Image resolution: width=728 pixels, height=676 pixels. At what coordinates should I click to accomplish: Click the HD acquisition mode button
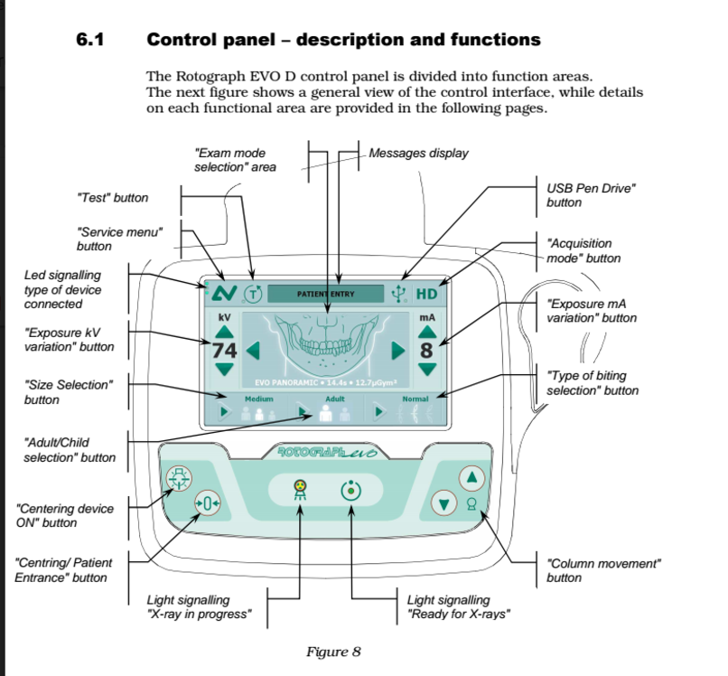(x=426, y=294)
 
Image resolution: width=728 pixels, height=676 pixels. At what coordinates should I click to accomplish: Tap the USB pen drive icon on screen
(x=398, y=293)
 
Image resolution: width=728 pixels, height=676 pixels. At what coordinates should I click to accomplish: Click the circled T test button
(x=254, y=294)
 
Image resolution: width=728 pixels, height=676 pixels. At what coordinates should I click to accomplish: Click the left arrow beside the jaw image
(x=255, y=350)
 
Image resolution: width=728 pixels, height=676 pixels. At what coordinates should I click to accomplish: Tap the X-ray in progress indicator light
(x=300, y=493)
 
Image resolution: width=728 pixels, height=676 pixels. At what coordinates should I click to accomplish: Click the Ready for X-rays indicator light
(x=350, y=493)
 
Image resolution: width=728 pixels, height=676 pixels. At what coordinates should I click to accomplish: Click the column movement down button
(x=443, y=502)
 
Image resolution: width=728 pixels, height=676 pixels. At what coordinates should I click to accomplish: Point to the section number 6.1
(x=93, y=40)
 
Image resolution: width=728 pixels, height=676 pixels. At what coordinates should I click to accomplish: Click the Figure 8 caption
(x=333, y=652)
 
